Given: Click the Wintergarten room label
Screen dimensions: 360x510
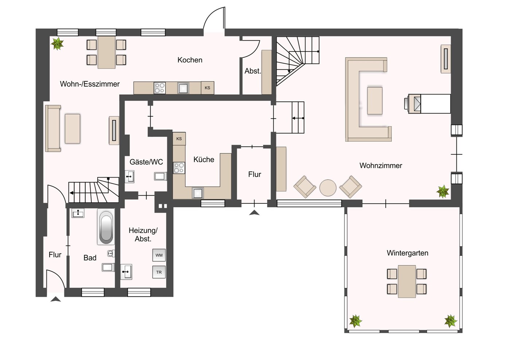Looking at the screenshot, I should [407, 253].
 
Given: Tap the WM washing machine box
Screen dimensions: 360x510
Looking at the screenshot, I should [159, 255].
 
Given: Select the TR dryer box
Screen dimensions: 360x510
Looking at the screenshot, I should [159, 272].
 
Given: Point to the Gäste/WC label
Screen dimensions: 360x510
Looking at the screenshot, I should [146, 162].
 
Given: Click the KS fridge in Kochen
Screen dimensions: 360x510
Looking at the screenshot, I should [207, 88].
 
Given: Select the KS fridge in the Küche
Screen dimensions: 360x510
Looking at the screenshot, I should [179, 139].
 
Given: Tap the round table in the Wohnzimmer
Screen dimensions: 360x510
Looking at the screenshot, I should [328, 188].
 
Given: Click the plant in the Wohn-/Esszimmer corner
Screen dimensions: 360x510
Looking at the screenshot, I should [57, 44].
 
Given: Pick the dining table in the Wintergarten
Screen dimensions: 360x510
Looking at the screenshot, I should [407, 281].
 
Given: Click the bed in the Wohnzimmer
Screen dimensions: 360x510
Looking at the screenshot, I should [430, 104].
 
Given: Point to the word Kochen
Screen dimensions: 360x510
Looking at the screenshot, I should [190, 60].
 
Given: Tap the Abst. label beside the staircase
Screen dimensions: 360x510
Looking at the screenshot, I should [253, 71].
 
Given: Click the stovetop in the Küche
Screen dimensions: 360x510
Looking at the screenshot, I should [179, 168].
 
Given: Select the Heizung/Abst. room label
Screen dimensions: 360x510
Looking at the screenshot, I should [143, 235].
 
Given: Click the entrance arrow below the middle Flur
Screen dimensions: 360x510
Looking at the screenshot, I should [254, 213].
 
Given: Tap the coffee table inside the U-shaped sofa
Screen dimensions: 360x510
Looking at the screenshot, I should [375, 101].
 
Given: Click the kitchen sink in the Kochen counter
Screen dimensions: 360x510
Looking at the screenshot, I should [183, 88].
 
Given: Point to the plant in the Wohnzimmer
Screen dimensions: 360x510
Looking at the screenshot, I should [443, 191].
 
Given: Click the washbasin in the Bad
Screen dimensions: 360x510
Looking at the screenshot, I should [78, 213].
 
